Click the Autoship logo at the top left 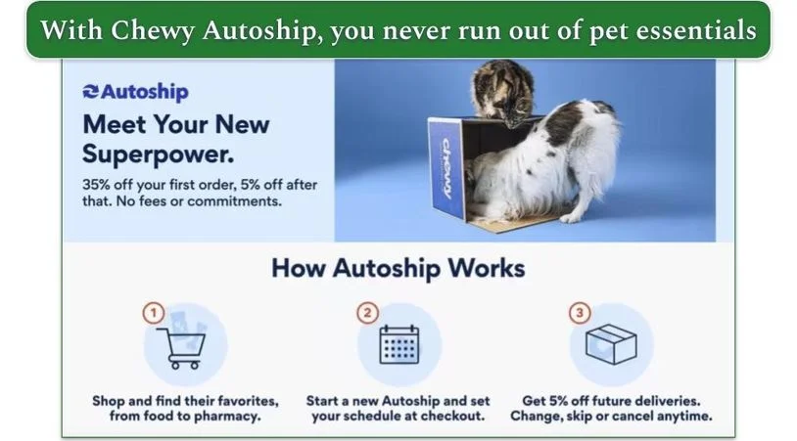tap(135, 92)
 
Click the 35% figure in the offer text tap(102, 185)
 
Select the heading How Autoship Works tap(398, 268)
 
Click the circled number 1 tap(152, 313)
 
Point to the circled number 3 tap(581, 313)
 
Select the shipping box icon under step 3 tap(611, 344)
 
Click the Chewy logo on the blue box tap(445, 166)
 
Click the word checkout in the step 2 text tap(452, 417)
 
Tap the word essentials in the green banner tap(701, 30)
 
